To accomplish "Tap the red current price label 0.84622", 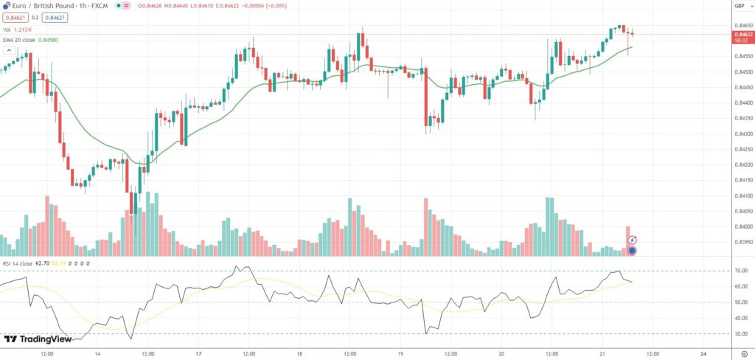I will [742, 34].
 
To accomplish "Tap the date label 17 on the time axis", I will [199, 353].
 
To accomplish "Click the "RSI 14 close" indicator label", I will [17, 263].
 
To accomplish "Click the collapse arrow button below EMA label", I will [10, 51].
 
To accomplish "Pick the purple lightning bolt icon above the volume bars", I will [632, 240].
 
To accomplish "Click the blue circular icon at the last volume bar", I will [632, 251].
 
